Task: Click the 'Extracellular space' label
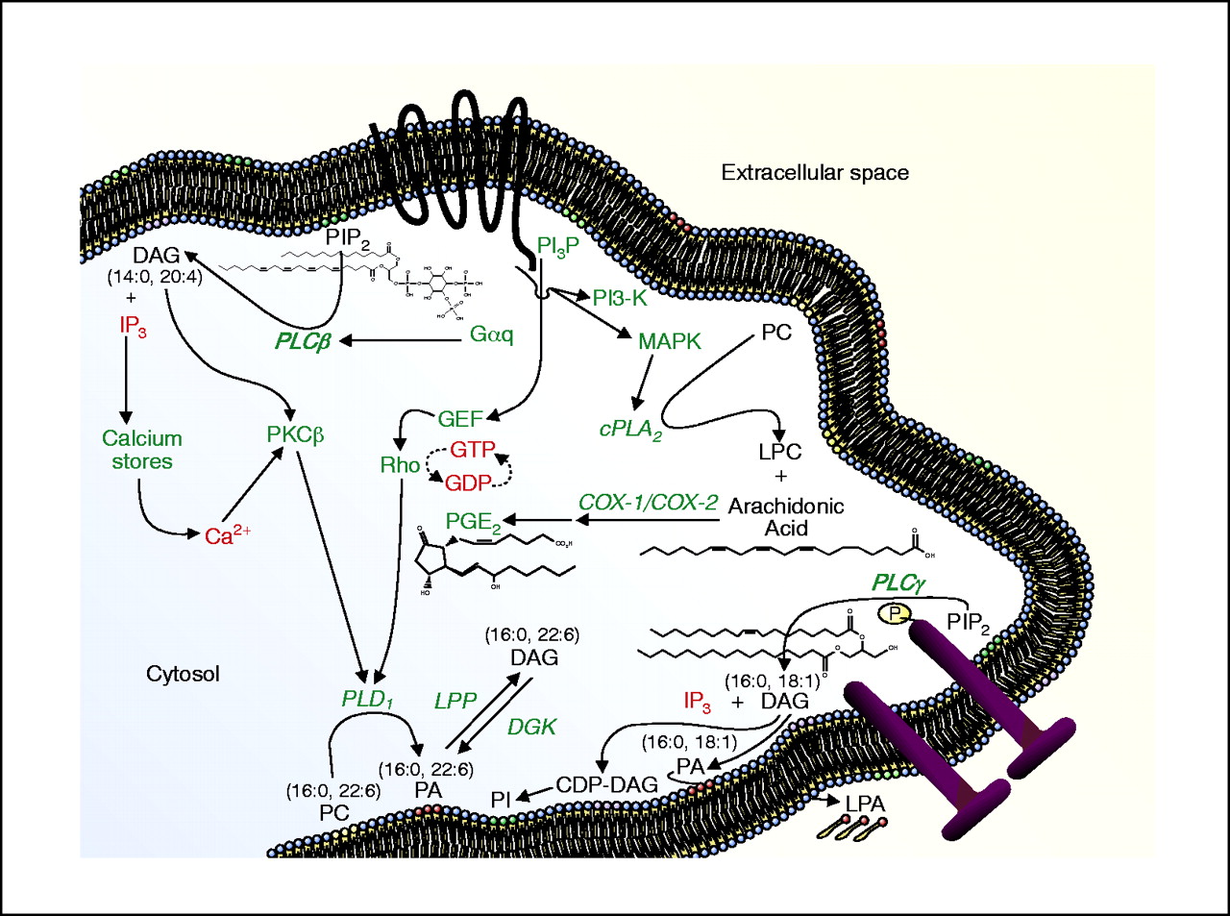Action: coord(815,173)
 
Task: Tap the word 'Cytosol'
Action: coord(183,674)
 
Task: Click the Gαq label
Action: coord(492,334)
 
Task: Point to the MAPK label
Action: coord(670,341)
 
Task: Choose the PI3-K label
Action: coord(620,299)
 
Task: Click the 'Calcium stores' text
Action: coord(141,450)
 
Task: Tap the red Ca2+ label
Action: coord(228,535)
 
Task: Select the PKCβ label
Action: coord(295,435)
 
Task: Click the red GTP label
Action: coord(472,450)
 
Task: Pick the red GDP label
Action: coord(467,483)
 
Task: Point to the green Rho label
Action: coord(400,465)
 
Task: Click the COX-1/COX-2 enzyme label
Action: coord(648,503)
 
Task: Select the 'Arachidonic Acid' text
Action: coord(786,517)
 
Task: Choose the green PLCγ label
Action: coord(898,582)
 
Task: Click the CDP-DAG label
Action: coord(606,785)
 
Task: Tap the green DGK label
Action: coord(532,728)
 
